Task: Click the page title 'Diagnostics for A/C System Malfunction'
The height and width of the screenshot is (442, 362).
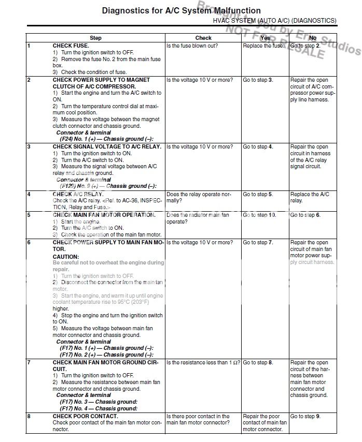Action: (181, 10)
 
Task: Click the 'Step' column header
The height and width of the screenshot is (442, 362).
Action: (95, 38)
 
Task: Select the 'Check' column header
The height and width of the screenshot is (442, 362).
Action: (203, 38)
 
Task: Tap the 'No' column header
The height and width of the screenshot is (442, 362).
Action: (312, 38)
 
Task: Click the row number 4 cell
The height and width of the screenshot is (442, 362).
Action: (29, 194)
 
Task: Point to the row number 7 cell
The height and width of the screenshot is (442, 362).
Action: (29, 362)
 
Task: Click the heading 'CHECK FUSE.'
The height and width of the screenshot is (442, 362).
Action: (71, 46)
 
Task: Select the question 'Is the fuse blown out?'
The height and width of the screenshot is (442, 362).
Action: (192, 46)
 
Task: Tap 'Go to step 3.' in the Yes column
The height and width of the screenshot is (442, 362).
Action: (258, 80)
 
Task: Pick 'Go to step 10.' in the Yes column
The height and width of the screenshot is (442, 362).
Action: (259, 215)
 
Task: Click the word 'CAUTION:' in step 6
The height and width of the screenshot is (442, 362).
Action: (66, 256)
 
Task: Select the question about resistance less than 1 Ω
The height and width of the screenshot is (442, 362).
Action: (203, 363)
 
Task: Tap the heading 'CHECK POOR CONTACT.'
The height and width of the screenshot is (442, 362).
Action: (86, 416)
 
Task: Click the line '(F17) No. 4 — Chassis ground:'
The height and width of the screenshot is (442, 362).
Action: (98, 409)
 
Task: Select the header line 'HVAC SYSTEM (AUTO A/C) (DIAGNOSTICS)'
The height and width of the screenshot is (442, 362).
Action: (274, 20)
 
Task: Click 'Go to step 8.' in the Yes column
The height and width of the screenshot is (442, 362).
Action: (258, 363)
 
